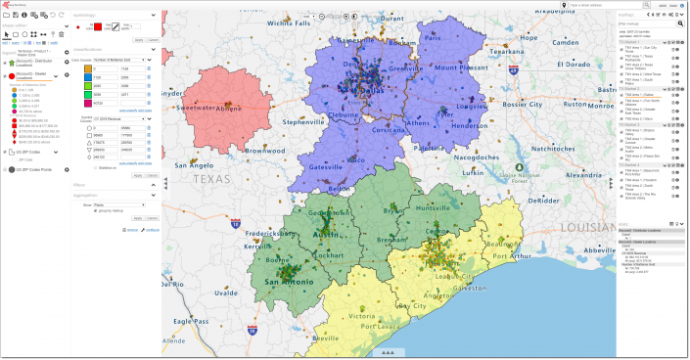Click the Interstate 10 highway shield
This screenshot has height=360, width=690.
[236, 223]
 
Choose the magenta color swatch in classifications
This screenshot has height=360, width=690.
[87, 102]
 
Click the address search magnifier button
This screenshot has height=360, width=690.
[576, 5]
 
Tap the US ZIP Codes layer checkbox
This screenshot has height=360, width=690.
[8, 153]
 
